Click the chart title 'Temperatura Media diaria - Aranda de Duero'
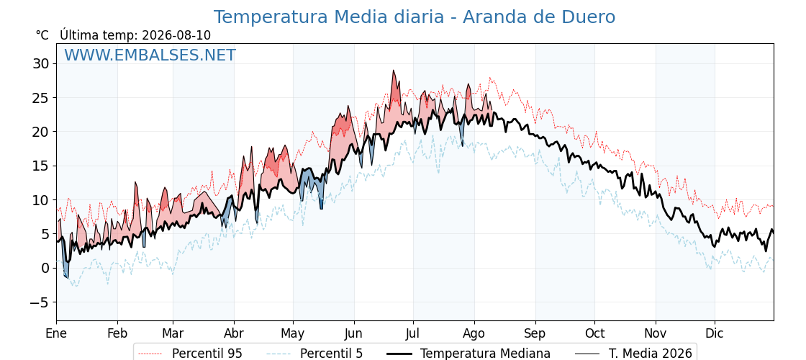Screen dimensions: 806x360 [x=415, y=17]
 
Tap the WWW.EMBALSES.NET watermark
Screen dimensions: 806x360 [x=150, y=55]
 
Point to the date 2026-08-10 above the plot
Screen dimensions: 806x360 [x=176, y=35]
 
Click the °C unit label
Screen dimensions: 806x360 [x=42, y=35]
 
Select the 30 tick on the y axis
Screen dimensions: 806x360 [x=41, y=64]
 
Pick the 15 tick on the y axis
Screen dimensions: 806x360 [x=41, y=166]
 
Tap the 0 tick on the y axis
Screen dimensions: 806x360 [x=45, y=268]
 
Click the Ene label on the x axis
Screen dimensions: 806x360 [x=56, y=334]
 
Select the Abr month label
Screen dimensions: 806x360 [x=233, y=334]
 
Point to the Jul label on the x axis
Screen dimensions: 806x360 [x=413, y=334]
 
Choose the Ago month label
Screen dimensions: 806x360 [x=474, y=334]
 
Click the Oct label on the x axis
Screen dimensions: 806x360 [x=594, y=334]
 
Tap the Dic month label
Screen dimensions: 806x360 [x=715, y=334]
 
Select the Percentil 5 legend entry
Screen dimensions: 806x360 [x=315, y=354]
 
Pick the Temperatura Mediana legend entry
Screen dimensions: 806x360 [x=468, y=354]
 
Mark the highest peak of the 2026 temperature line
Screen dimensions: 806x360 [x=394, y=71]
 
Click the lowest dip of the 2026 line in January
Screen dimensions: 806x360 [x=68, y=278]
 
